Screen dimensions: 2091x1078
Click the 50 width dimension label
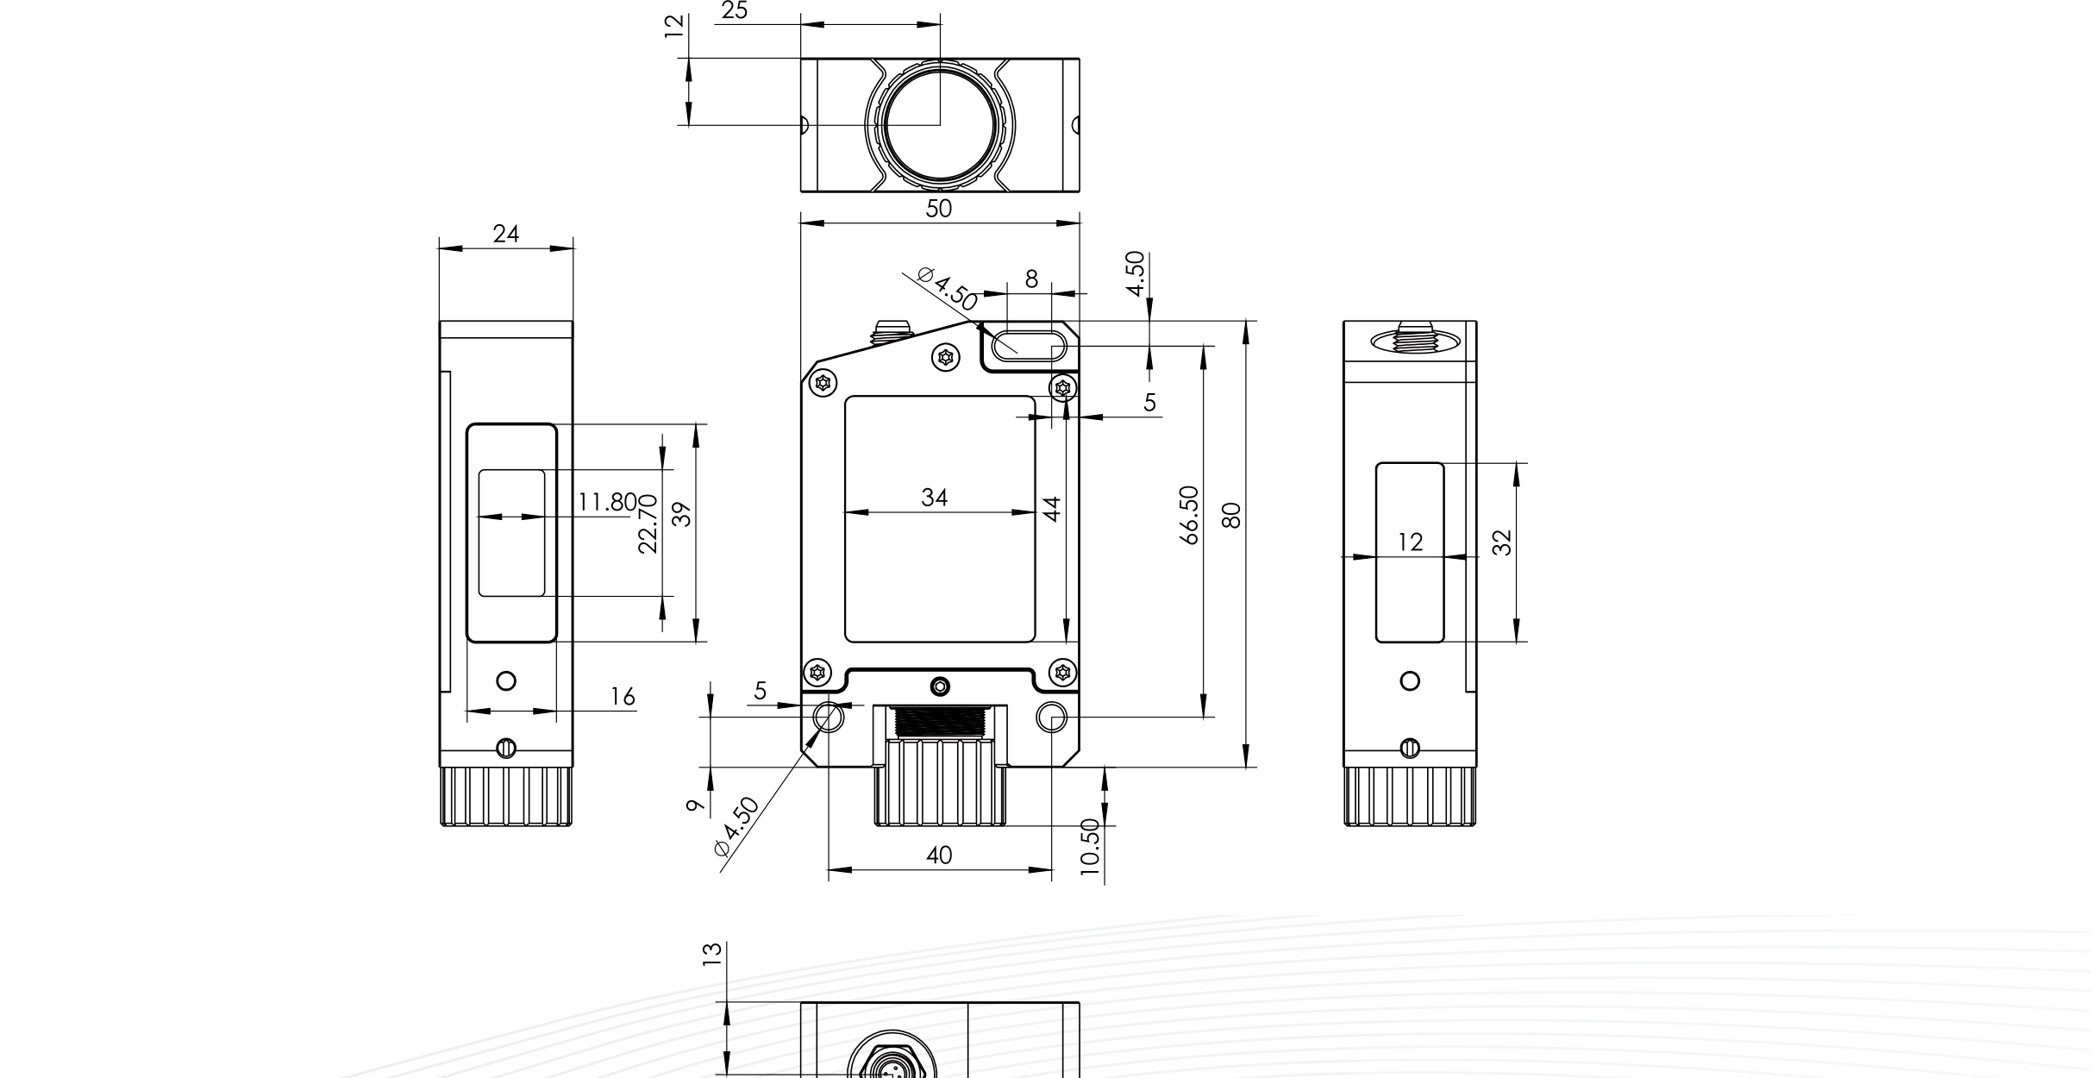(938, 209)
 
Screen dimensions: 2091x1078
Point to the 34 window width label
(934, 498)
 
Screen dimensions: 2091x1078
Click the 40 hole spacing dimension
(939, 855)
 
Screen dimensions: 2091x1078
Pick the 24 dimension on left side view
(506, 234)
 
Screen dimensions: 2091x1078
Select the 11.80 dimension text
(607, 502)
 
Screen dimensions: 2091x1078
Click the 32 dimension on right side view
(1502, 542)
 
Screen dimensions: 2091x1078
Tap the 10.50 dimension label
(1090, 848)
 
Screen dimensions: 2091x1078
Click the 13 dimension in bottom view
(711, 953)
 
